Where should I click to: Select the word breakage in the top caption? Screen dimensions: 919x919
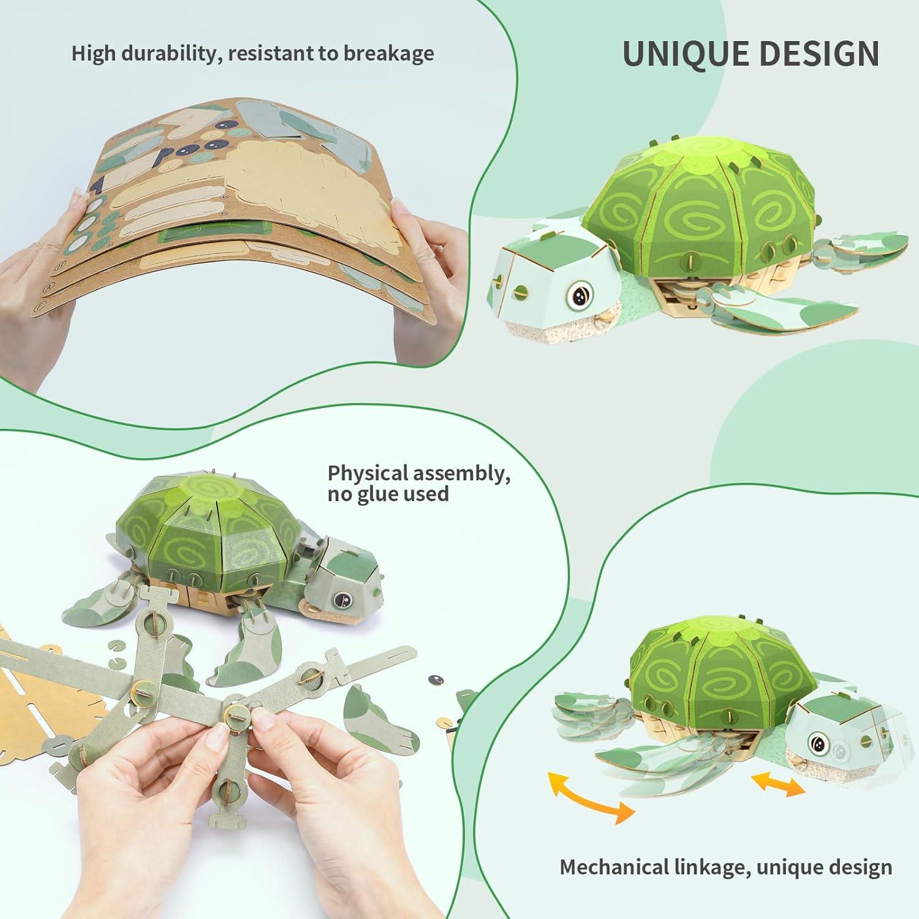(388, 54)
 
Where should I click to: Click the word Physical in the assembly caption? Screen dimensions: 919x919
(368, 473)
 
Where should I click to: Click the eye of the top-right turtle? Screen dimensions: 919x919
(578, 296)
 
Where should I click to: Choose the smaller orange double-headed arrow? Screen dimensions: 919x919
(778, 784)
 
